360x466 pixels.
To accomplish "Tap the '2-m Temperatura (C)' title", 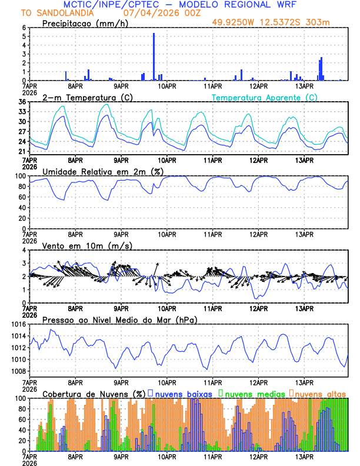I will click(x=85, y=98).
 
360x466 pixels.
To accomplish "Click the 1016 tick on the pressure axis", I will click(x=18, y=324).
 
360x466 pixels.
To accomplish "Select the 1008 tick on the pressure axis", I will click(x=18, y=371).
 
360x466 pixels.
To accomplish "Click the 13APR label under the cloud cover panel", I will click(x=304, y=456).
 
